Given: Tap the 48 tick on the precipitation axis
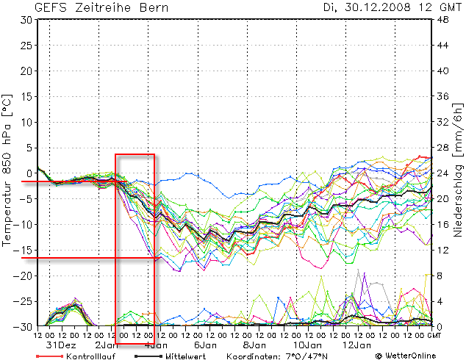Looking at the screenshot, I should pos(443,20).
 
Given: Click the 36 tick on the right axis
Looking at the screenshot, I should pos(443,97).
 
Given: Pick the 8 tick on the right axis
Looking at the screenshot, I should pos(441,276).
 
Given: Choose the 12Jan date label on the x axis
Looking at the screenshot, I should pos(356,345).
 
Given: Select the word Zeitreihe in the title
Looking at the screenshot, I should pos(104,8).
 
